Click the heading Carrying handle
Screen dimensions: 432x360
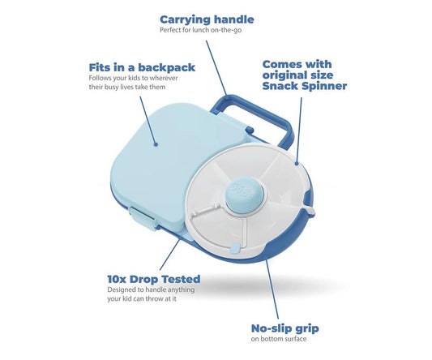tap(207, 19)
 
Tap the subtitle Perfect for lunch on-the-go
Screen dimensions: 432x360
tap(200, 30)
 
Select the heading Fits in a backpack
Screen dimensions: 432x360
tap(142, 67)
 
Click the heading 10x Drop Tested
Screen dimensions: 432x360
tap(154, 279)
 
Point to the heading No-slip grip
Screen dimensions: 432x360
tap(284, 328)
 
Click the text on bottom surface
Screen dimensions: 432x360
tap(279, 339)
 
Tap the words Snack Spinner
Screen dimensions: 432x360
tap(305, 86)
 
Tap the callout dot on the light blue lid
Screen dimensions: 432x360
tap(156, 144)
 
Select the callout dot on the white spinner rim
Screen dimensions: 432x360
tap(297, 164)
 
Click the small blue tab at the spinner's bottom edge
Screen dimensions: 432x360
tap(235, 250)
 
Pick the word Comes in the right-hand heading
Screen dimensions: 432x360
tap(280, 64)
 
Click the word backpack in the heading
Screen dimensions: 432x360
tap(166, 67)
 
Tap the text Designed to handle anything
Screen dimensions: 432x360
tap(151, 289)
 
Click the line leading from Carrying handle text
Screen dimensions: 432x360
tap(216, 68)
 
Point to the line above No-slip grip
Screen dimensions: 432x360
tap(272, 289)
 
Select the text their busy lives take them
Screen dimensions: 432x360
tap(127, 87)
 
